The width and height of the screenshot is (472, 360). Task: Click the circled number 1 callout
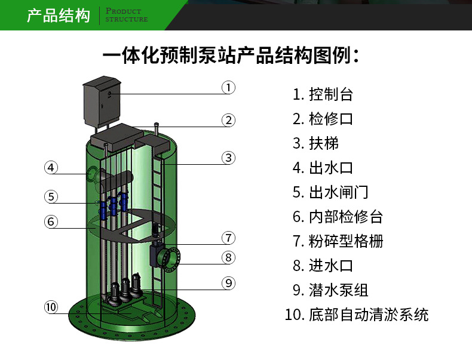pos(228,88)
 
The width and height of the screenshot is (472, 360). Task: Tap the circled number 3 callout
pos(228,158)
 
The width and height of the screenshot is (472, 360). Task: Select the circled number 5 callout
pos(51,197)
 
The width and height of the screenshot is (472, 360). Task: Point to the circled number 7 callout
pos(228,238)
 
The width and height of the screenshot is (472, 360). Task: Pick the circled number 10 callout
pos(51,307)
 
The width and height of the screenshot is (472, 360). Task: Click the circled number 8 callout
pos(228,257)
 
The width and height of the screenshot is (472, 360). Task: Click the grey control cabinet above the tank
pos(102,101)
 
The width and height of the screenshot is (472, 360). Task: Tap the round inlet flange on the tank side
pos(171,259)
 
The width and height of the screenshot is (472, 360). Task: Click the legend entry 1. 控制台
pos(323,94)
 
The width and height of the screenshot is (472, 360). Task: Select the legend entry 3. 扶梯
pos(315,143)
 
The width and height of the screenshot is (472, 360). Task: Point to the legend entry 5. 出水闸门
pos(330,192)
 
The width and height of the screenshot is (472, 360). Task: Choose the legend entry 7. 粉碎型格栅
pos(338,241)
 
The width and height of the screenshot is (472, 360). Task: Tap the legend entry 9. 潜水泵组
pos(330,290)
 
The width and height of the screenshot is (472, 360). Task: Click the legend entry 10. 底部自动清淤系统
pos(357,315)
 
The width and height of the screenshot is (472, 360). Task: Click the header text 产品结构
pos(59,16)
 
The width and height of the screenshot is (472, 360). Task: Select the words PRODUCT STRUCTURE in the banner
pos(127,16)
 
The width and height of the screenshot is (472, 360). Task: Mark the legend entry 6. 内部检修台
pos(338,217)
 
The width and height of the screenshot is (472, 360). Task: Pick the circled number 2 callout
pos(228,121)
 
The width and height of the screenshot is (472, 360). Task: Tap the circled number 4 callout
pos(51,168)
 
